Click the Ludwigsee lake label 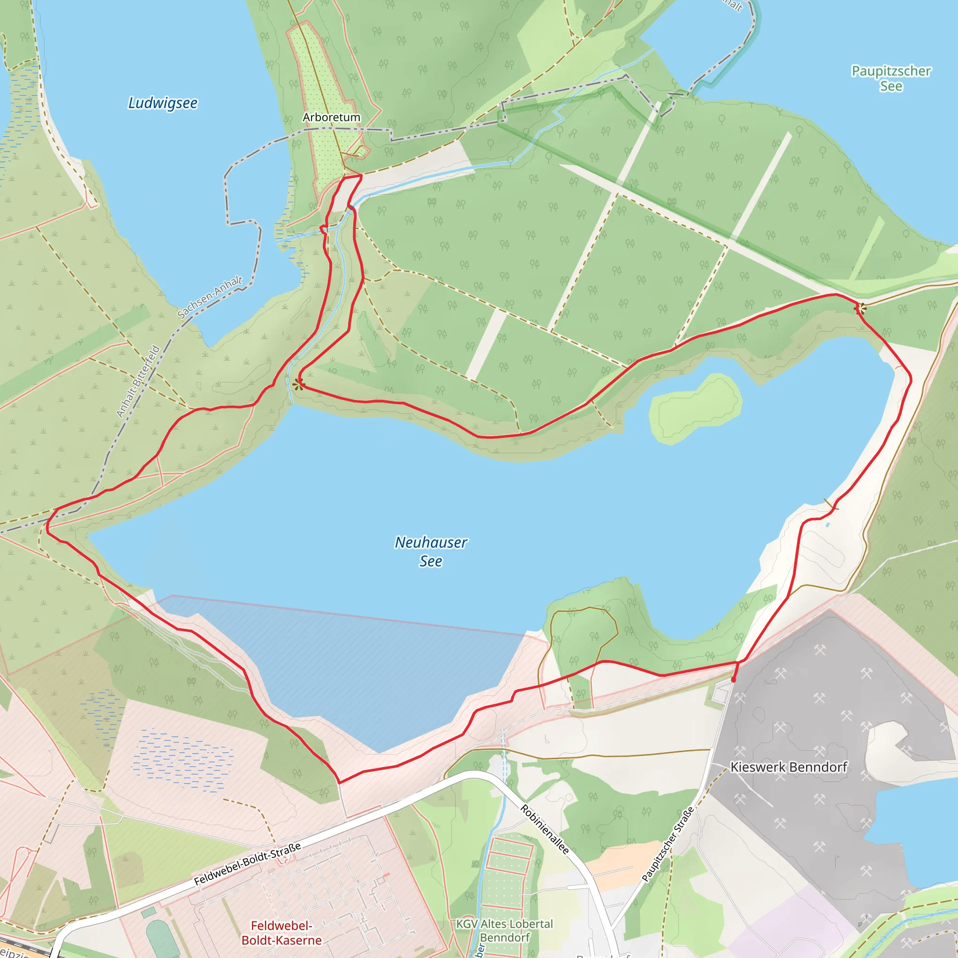pos(163,103)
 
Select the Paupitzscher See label pos(891,78)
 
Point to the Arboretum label pos(331,117)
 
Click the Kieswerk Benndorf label pos(788,767)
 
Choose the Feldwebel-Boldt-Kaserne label pos(282,933)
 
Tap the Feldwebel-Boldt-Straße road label pos(247,864)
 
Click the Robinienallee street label pos(544,829)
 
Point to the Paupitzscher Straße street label pos(668,844)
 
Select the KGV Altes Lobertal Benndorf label pos(504,931)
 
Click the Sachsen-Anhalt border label pos(210,297)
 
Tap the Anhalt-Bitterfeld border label pos(138,381)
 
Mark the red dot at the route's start pos(733,680)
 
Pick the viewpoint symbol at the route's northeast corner pos(860,309)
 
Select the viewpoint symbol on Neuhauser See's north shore pos(298,384)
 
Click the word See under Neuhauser pos(430,561)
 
